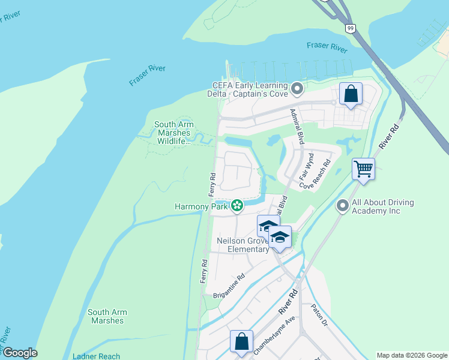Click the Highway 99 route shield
point(350,28)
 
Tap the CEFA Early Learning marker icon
point(297,90)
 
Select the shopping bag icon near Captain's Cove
point(351,94)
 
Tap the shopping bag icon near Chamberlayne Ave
point(241,341)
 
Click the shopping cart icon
point(363,169)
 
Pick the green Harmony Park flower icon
point(237,206)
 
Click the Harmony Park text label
point(201,206)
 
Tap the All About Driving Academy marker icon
point(343,206)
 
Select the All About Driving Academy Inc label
point(383,206)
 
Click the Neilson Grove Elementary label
point(243,245)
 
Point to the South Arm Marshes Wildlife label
point(172,133)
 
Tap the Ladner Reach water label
point(97,356)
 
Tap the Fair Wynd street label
point(307,167)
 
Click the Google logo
point(19,353)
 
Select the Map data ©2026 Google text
point(411,355)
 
